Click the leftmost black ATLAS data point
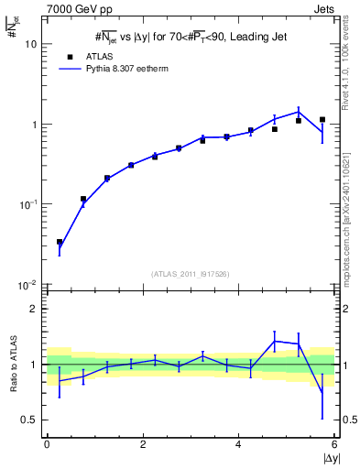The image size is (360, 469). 60,242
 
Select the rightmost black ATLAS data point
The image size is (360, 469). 322,119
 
